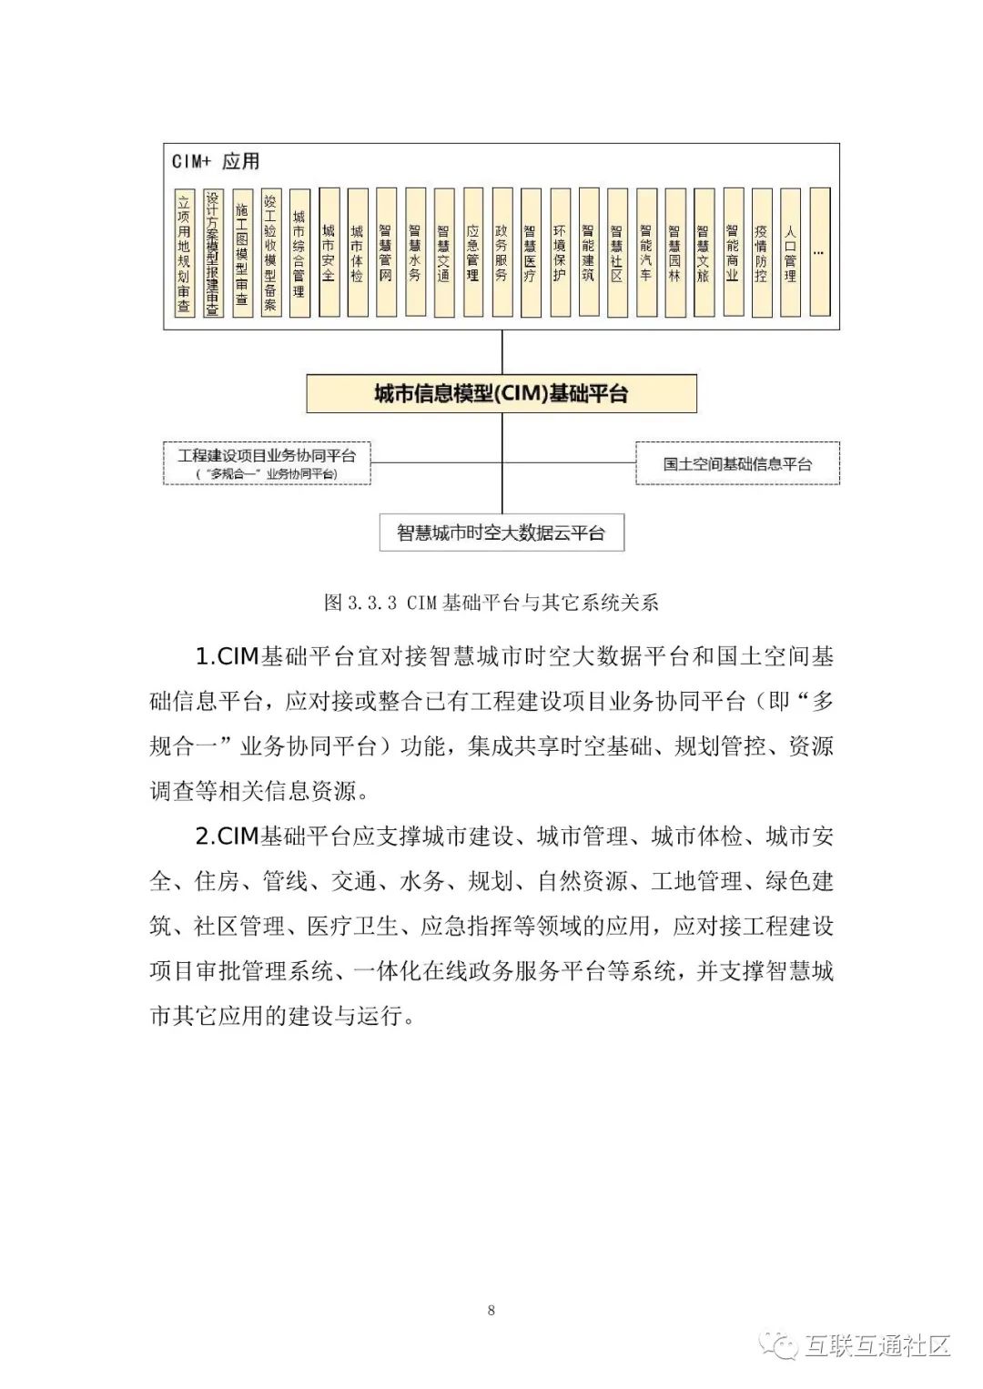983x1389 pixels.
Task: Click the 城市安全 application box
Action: pos(329,252)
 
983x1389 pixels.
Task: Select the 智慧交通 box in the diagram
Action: pos(443,252)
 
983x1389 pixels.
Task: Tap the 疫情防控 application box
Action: pos(761,252)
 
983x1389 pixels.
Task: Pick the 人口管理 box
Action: pos(790,252)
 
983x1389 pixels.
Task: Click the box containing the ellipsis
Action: pos(818,252)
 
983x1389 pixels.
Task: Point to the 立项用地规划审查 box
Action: pos(184,252)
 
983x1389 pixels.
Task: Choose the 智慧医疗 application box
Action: pos(530,252)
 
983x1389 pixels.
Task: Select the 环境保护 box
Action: pos(559,252)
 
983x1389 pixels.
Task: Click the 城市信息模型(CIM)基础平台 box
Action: pos(502,394)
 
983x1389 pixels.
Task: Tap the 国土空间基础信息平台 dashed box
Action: pos(737,463)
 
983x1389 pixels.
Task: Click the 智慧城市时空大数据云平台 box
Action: pos(502,532)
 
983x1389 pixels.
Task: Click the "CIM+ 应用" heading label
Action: pos(216,161)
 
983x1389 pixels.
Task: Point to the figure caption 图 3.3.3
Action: pos(491,603)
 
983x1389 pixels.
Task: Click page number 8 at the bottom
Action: pos(491,1310)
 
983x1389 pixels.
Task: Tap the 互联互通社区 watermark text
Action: pos(877,1345)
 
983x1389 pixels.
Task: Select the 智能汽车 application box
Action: pos(645,252)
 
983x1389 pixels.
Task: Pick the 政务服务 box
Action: pos(501,252)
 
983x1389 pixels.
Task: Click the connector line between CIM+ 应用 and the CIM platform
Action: pos(502,351)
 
